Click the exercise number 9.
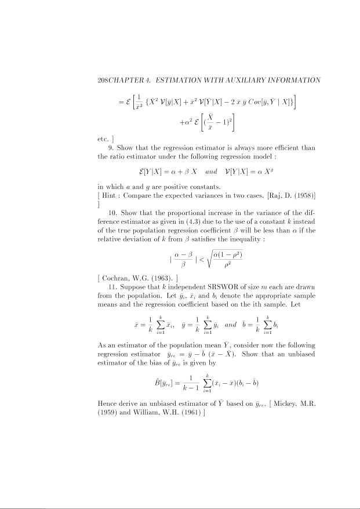click(x=111, y=148)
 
